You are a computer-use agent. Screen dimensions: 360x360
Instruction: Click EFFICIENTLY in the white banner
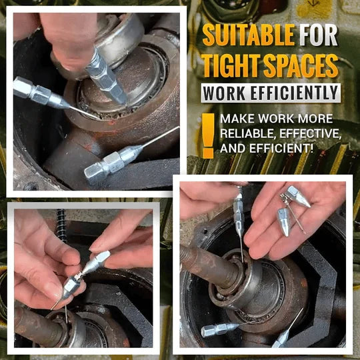click(x=299, y=93)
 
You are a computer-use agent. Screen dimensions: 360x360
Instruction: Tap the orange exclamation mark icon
click(x=208, y=135)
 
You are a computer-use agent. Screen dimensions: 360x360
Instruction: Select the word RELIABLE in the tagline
click(x=246, y=135)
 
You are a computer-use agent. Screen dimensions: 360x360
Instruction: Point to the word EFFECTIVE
click(x=308, y=135)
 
